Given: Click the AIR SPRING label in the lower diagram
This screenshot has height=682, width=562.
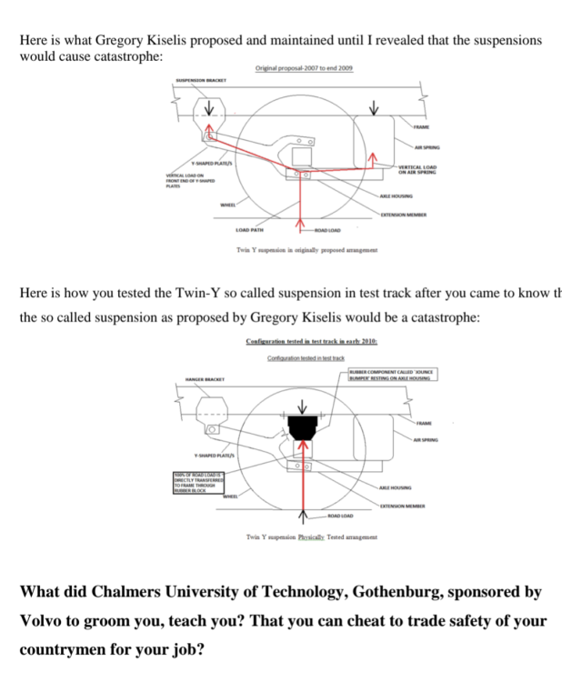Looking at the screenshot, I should [425, 440].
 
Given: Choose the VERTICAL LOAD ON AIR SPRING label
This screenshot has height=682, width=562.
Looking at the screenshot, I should [417, 169].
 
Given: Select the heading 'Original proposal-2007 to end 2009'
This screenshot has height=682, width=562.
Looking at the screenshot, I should [305, 69].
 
